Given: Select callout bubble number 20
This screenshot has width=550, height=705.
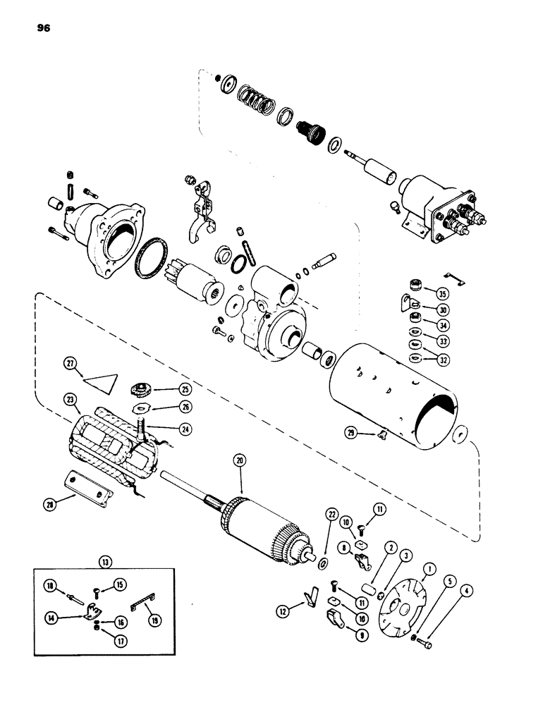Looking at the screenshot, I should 241,460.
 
